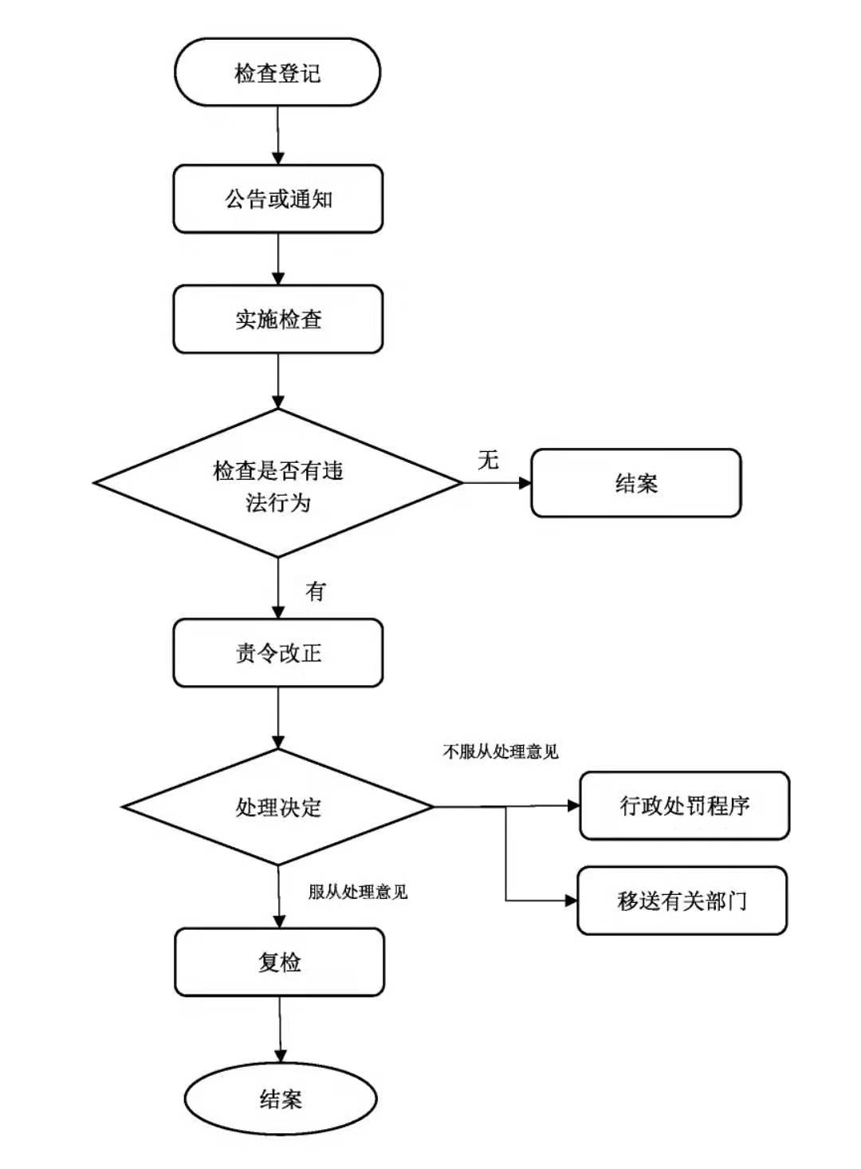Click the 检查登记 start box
tap(277, 73)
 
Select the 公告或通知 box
tap(277, 199)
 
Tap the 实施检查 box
tap(277, 320)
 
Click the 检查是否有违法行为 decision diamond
tap(277, 484)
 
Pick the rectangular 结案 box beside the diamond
tap(635, 483)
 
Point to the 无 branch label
tap(488, 460)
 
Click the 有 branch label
tap(316, 590)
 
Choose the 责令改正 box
tap(277, 653)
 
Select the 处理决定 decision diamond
tap(277, 807)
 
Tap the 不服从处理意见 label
tap(501, 751)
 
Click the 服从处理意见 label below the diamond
tap(358, 892)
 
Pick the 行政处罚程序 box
tap(684, 806)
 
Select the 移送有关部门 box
tap(682, 900)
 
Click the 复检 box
tap(279, 962)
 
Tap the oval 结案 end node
tap(281, 1100)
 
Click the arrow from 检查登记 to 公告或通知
tap(277, 135)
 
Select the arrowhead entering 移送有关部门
tap(571, 900)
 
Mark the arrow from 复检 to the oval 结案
tap(280, 1029)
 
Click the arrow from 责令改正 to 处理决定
tap(277, 717)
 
